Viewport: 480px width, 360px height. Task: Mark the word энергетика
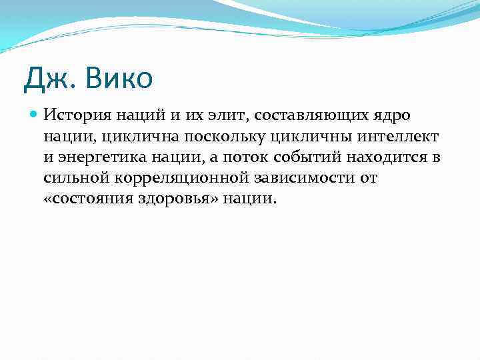pyautogui.click(x=95, y=157)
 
